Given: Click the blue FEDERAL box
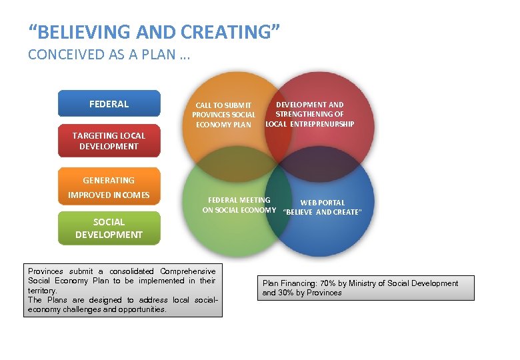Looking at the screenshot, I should tap(109, 103).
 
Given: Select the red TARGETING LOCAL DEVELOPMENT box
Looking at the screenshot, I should tap(109, 141).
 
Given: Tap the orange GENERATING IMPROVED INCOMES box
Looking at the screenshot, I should tap(109, 187).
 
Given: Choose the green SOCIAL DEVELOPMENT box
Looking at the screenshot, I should tap(109, 228).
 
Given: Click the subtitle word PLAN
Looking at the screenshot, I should tap(161, 55).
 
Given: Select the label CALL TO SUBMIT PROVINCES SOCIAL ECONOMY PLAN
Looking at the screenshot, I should tap(224, 115).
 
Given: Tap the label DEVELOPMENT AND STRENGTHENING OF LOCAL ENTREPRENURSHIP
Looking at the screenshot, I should tap(310, 114).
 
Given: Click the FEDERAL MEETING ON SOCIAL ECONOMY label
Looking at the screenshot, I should tap(239, 205).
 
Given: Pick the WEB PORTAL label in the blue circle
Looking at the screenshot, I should tap(323, 203).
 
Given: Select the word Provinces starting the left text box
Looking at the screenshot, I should tap(45, 271).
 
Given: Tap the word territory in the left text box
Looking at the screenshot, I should tap(42, 291).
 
